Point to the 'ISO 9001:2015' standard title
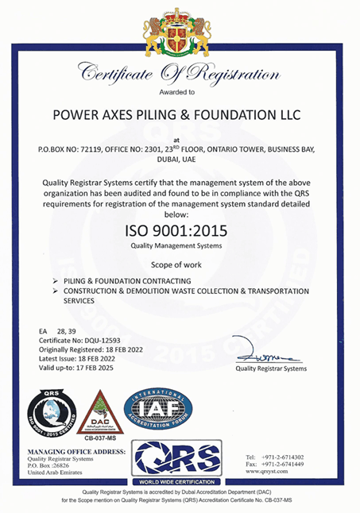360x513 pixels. click(x=179, y=231)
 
